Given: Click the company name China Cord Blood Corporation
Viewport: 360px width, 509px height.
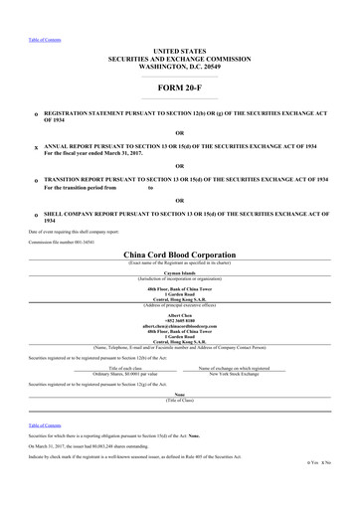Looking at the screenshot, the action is [x=179, y=254].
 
